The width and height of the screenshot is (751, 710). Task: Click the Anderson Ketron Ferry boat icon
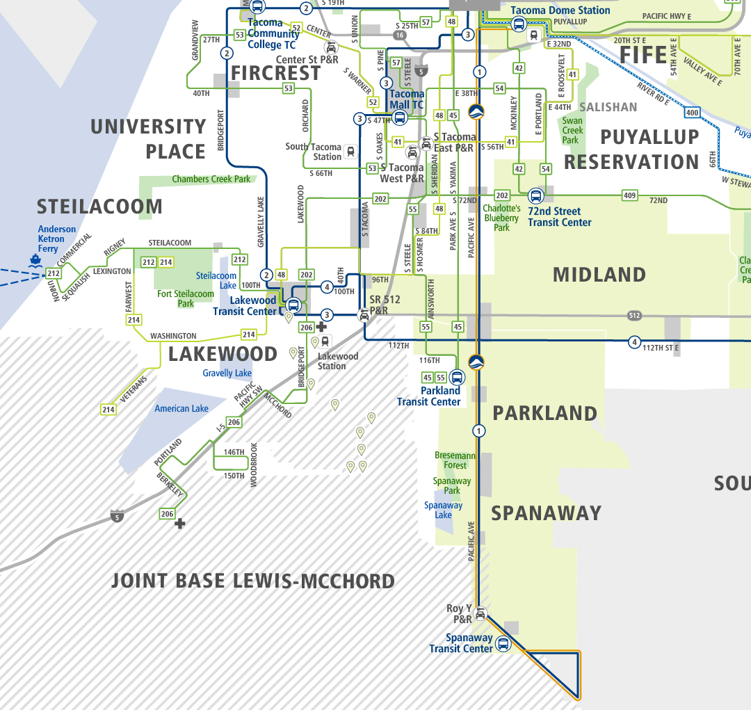[35, 260]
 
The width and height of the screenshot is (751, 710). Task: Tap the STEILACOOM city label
[99, 207]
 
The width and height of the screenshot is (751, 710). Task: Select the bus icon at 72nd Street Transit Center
[535, 196]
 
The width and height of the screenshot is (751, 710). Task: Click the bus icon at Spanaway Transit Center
[502, 644]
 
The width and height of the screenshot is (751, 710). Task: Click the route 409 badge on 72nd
[629, 196]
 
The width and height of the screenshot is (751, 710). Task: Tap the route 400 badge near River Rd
[691, 113]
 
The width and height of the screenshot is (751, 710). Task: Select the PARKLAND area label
[544, 413]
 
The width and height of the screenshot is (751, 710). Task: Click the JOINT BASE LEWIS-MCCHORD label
[253, 581]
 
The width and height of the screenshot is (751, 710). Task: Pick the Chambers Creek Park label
[211, 179]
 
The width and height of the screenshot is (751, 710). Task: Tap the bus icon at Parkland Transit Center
[457, 378]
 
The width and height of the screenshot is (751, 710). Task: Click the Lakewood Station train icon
[325, 341]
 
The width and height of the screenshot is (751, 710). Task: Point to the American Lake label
[181, 408]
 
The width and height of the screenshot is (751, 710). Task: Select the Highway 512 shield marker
[633, 315]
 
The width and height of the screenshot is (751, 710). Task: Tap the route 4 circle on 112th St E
[634, 341]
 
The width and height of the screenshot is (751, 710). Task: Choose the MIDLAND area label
[599, 275]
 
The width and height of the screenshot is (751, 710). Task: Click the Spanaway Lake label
[443, 510]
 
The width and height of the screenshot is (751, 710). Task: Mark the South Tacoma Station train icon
[350, 152]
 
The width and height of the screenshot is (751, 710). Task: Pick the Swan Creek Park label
[572, 130]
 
